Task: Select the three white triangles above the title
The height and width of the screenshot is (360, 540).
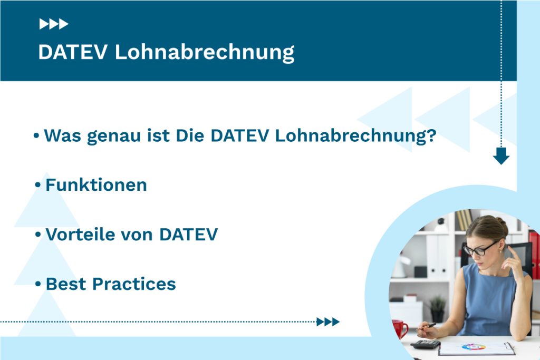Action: pos(54,24)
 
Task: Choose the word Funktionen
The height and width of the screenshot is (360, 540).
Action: pos(96,185)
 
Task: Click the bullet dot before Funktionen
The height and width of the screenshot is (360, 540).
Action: pos(37,186)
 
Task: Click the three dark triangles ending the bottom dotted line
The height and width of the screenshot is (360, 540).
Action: pos(328,322)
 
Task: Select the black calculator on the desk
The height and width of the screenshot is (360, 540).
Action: pos(426,344)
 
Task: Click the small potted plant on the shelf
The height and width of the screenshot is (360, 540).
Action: pos(437,309)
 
